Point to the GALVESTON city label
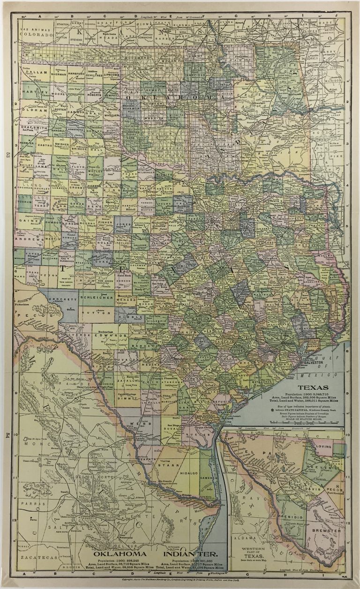pyautogui.click(x=315, y=363)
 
